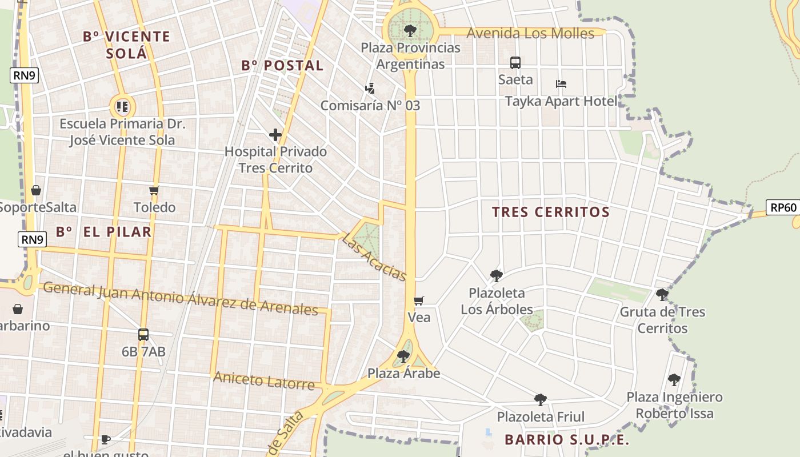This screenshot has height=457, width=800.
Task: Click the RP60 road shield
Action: tap(783, 207)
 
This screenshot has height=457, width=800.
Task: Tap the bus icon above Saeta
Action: tap(515, 63)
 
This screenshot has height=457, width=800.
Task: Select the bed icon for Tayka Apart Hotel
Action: tap(561, 84)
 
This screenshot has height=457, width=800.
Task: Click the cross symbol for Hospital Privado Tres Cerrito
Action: tap(275, 135)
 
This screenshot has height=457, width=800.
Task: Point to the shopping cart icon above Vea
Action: tap(419, 300)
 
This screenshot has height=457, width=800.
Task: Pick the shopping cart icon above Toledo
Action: tap(154, 190)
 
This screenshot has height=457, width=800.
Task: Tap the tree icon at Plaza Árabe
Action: tap(403, 356)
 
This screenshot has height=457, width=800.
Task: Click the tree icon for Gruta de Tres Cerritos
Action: tap(662, 295)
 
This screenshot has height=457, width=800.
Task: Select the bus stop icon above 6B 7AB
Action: tap(143, 335)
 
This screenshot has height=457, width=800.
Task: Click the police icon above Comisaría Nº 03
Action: tap(370, 89)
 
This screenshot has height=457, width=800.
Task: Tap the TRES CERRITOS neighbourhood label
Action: tap(551, 212)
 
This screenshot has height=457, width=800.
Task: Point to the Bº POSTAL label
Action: tap(282, 66)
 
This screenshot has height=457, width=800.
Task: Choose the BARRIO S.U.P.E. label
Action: tap(567, 440)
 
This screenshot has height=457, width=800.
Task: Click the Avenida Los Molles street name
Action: tap(530, 33)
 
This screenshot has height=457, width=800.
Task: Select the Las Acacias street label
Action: tap(374, 257)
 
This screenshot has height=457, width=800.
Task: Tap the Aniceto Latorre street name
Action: tap(264, 380)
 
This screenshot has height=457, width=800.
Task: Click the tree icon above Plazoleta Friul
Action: tap(541, 399)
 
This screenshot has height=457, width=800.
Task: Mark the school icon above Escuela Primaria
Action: tap(122, 106)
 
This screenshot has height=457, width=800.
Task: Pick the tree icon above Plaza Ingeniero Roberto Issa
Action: tap(674, 379)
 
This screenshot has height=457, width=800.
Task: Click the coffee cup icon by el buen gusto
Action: tap(105, 439)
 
